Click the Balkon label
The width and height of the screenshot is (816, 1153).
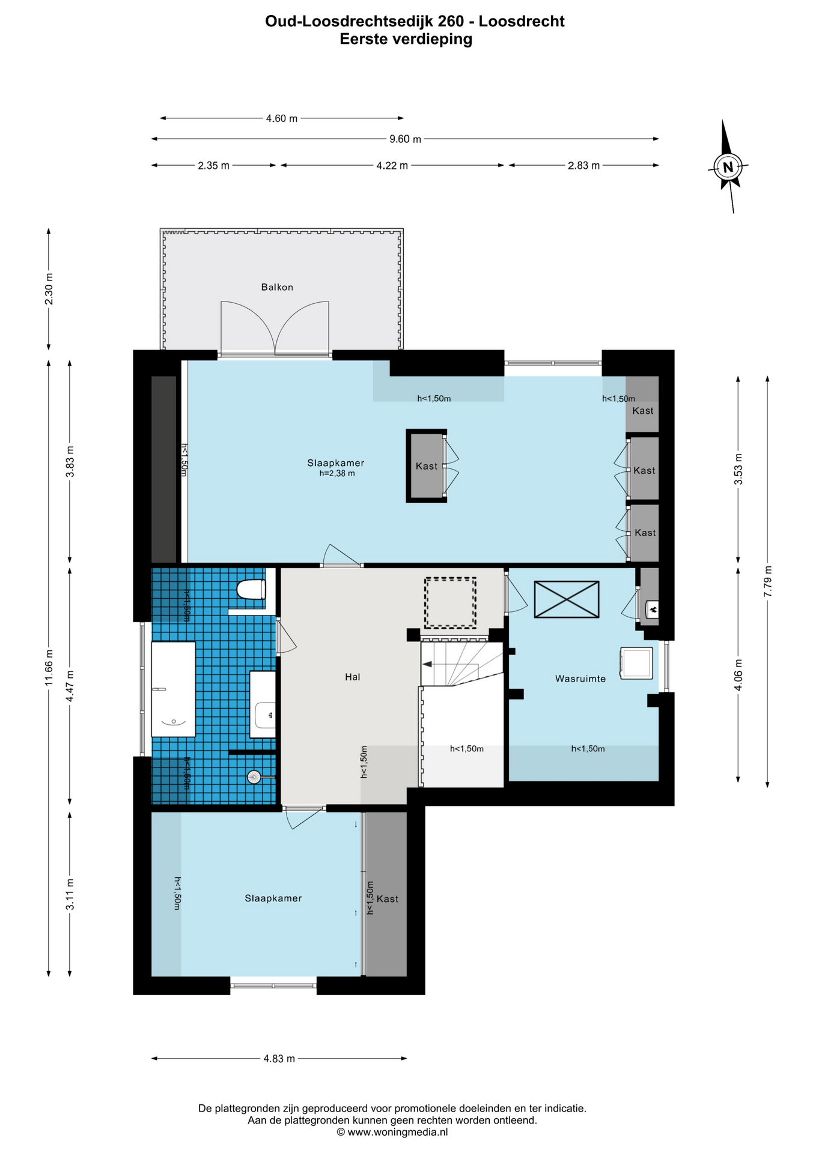(277, 287)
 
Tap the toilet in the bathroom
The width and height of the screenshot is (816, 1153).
(251, 589)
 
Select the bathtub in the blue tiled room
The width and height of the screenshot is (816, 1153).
(173, 689)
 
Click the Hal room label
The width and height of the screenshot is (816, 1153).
(353, 677)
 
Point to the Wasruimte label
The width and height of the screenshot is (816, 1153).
(580, 679)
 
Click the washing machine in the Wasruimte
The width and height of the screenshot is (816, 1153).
(636, 663)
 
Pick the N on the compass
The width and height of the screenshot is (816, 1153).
(728, 167)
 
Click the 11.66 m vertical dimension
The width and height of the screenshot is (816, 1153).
(49, 668)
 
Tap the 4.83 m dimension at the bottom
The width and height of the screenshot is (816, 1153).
(279, 1059)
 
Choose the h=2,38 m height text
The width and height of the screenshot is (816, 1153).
(337, 473)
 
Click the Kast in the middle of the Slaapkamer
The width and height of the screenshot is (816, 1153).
(427, 466)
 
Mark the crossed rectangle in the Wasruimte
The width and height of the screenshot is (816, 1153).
(567, 599)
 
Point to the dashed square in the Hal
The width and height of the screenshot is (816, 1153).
(450, 602)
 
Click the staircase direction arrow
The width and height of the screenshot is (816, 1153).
(427, 664)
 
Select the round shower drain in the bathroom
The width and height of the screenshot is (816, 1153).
(254, 777)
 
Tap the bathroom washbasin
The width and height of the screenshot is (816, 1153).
(263, 715)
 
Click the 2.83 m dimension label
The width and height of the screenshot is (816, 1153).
(583, 166)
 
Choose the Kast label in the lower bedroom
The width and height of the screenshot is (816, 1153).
(388, 899)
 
